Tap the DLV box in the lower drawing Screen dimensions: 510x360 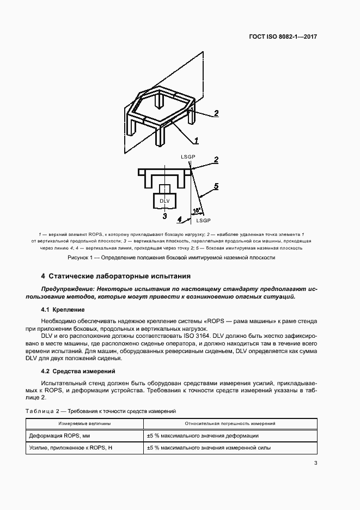click(x=165, y=201)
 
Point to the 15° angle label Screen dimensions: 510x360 click(x=197, y=210)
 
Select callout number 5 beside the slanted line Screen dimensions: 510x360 click(x=216, y=186)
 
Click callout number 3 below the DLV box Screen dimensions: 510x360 click(x=165, y=216)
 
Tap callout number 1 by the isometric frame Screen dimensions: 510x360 click(x=196, y=140)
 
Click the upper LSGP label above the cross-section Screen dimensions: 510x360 click(x=188, y=157)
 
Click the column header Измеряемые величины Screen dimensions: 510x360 click(x=85, y=423)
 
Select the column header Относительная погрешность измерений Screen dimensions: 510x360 click(x=230, y=423)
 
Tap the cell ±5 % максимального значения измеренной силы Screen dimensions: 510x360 click(x=209, y=448)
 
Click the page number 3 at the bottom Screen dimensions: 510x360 click(x=316, y=464)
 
